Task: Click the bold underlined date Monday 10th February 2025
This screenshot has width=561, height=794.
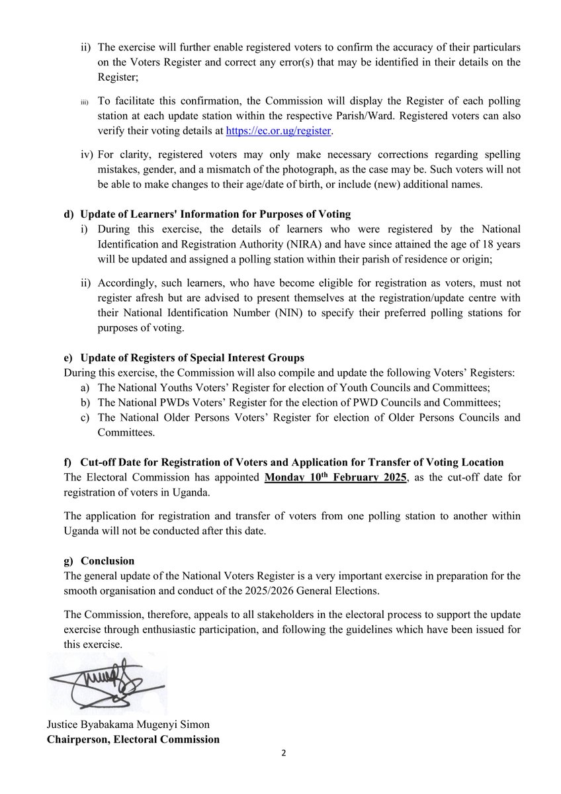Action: point(334,477)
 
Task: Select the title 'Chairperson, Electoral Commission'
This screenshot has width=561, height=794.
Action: point(132,739)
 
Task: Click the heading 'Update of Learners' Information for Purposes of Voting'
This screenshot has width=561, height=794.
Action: point(215,214)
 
